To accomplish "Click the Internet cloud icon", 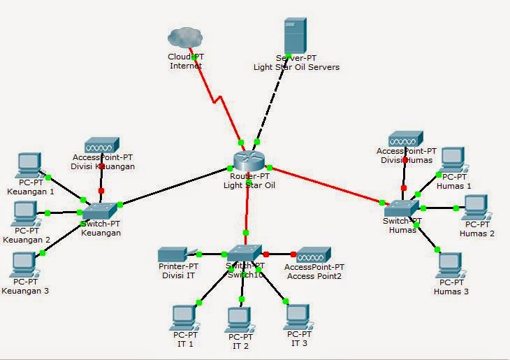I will (x=185, y=36).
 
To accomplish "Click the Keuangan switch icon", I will (x=99, y=210).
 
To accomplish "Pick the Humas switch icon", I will (x=400, y=207).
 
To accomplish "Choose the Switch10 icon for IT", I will (x=245, y=253).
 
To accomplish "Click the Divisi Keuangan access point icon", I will (x=102, y=145).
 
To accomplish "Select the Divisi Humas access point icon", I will (x=406, y=138).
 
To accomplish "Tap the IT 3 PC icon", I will (x=297, y=317).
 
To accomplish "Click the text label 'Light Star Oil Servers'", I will (x=296, y=67).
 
